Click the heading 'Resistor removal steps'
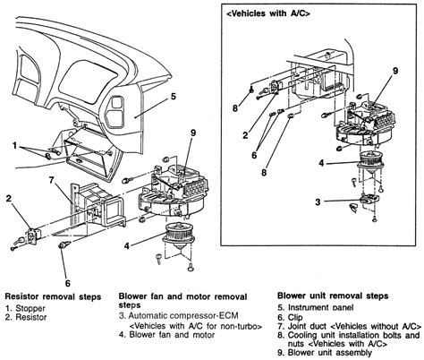tap(53, 297)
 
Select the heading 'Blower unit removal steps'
tap(333, 296)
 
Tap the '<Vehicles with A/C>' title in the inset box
tap(268, 13)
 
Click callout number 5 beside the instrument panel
tap(174, 97)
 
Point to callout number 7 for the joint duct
tap(52, 181)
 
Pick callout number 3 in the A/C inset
tap(318, 202)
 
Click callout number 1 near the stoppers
tap(14, 146)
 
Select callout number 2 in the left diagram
tap(9, 198)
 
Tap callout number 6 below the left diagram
tap(68, 283)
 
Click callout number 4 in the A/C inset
tap(321, 163)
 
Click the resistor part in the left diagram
tap(32, 236)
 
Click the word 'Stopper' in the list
tap(30, 308)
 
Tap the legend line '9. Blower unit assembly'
tap(325, 353)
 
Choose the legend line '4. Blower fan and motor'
tap(166, 335)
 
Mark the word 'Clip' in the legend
tap(295, 317)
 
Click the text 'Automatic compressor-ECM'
tap(183, 315)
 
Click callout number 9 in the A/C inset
tap(395, 71)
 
